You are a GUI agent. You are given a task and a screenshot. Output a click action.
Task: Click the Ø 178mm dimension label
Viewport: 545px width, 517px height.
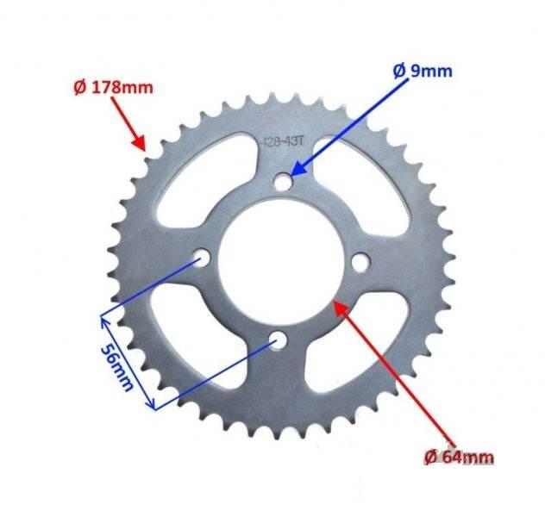click(x=113, y=88)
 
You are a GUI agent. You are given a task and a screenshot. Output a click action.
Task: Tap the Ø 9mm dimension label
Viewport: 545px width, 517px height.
click(x=423, y=72)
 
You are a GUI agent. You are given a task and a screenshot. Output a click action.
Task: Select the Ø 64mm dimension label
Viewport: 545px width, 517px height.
click(x=459, y=458)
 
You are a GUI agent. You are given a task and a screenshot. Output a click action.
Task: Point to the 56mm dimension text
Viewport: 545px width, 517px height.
click(x=117, y=368)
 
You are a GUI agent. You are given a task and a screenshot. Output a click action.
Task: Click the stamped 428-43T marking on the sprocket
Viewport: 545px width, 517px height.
click(x=282, y=141)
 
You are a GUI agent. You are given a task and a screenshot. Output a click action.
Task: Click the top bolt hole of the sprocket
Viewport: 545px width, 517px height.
click(x=283, y=182)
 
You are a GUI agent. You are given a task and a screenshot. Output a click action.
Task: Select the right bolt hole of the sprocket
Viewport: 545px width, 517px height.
click(x=360, y=262)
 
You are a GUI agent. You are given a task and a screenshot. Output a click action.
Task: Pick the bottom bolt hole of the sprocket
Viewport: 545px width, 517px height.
click(x=278, y=340)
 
